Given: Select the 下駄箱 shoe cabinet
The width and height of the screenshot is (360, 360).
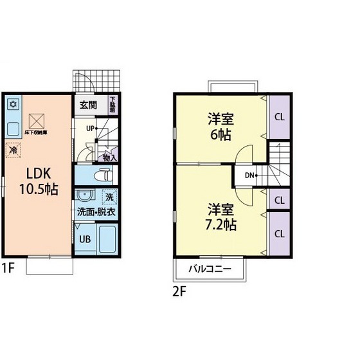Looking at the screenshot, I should [x=113, y=105].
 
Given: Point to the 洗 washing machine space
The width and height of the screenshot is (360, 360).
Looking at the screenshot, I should [x=109, y=197].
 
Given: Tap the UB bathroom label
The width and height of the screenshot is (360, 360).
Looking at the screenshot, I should [x=84, y=239].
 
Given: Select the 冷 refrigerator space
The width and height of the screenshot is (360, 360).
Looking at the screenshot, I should [x=13, y=150].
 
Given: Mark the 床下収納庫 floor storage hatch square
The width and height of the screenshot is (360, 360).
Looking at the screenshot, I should [x=36, y=120].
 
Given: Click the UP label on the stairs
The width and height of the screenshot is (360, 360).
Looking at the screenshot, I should [x=91, y=129].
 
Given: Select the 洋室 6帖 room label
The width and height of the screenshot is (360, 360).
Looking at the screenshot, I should [x=220, y=127].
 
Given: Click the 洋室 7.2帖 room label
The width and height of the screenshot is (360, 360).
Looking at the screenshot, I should [x=221, y=217].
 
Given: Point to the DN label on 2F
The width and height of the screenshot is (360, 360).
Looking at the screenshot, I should [x=249, y=175].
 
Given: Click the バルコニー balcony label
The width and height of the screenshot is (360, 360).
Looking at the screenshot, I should [x=210, y=269].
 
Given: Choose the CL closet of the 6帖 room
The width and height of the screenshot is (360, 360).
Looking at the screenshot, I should [x=280, y=117].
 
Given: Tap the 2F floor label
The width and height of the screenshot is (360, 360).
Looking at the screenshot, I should [x=179, y=290].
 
